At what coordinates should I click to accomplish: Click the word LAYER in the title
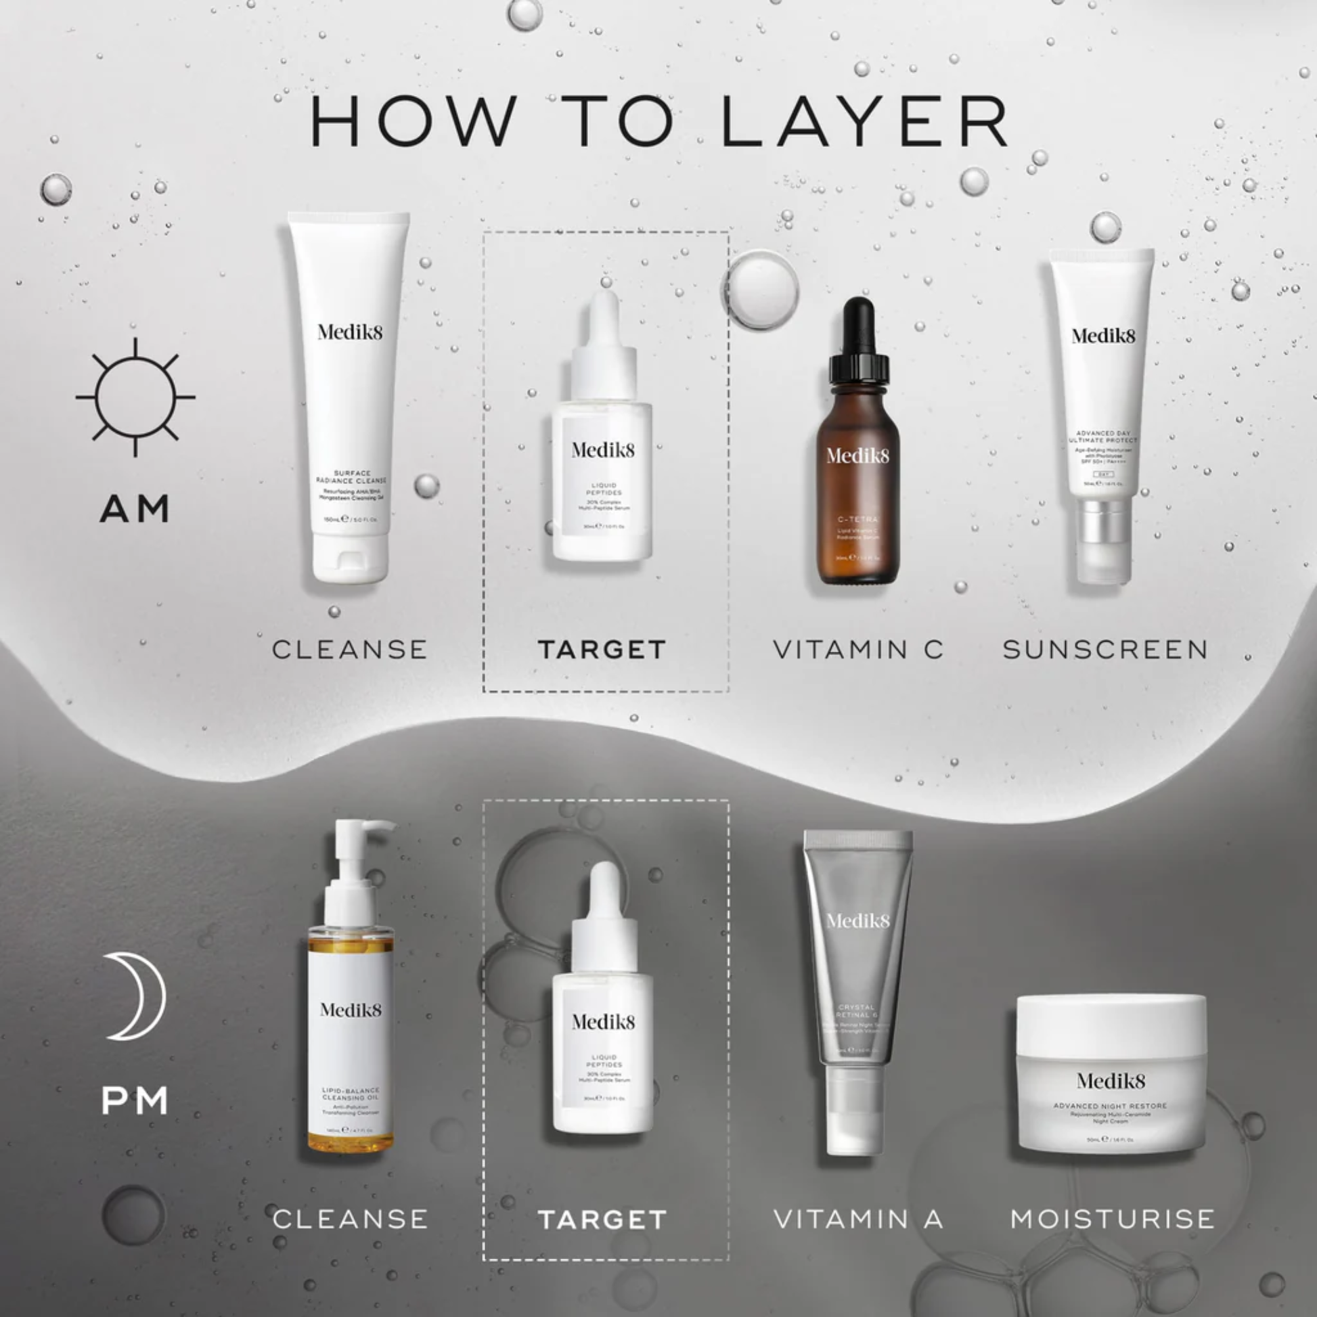pos(864,121)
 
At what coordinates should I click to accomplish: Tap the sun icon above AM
pos(135,397)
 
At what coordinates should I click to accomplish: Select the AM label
pos(134,509)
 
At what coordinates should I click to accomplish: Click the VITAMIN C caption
pos(858,650)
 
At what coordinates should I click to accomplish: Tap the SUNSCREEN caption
pos(1105,650)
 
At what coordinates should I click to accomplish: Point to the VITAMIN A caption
pos(858,1219)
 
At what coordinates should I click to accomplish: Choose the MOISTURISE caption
pos(1113,1219)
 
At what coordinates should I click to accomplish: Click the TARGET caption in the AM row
pos(602,650)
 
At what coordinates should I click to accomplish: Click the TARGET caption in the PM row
pos(602,1220)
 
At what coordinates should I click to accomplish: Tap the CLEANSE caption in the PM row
pos(351,1219)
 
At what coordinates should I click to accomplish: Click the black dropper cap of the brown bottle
pos(859,341)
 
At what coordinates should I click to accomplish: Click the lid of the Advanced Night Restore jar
pos(1111,1019)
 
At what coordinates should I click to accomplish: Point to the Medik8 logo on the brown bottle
pos(857,455)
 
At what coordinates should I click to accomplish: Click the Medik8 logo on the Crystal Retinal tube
pos(857,921)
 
